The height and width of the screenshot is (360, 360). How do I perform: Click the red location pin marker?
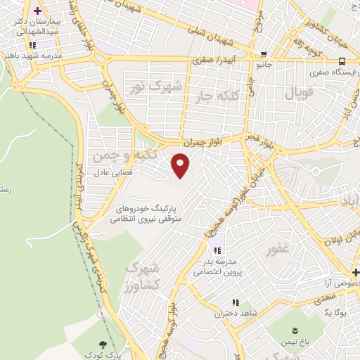[x=181, y=165]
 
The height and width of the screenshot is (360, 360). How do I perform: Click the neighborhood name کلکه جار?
[x=236, y=94]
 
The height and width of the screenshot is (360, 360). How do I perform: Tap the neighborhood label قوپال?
[x=300, y=92]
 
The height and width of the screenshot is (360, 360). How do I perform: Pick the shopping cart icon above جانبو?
[x=263, y=54]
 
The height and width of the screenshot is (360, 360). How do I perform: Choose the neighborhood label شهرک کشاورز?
[x=143, y=276]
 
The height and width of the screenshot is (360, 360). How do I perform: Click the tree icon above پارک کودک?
[x=105, y=344]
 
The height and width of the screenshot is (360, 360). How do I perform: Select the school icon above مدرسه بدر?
[x=217, y=251]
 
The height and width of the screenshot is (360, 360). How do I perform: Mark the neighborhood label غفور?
[x=278, y=250]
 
